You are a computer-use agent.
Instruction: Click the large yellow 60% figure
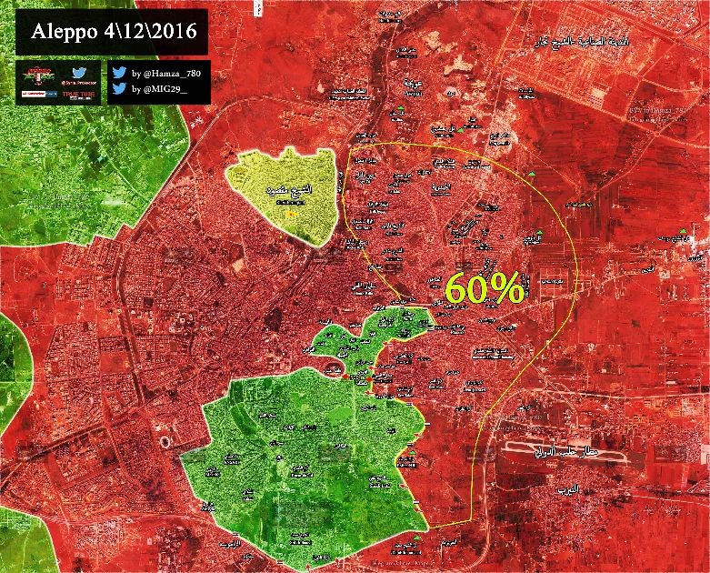(484, 289)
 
